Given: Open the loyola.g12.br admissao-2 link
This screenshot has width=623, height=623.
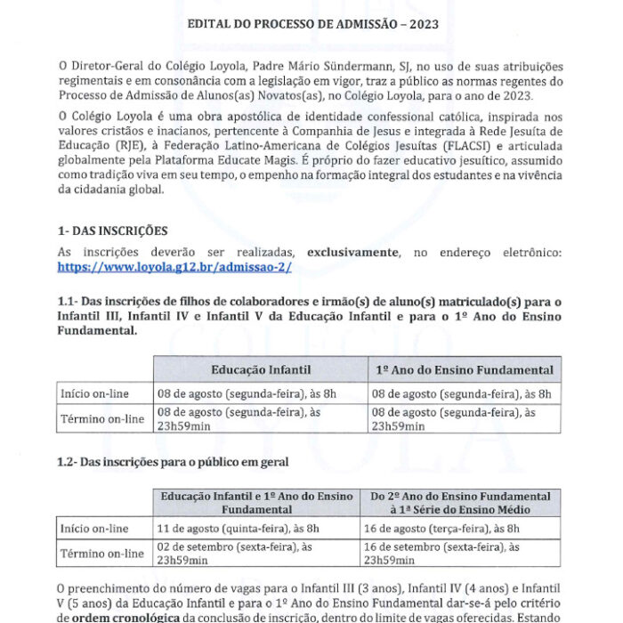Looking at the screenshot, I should pyautogui.click(x=174, y=266).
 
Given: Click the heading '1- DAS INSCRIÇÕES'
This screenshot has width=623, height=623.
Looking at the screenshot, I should pyautogui.click(x=111, y=231).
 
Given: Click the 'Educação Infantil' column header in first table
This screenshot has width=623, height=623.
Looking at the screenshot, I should pyautogui.click(x=260, y=369).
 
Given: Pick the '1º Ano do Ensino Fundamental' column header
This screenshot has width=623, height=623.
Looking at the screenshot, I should pyautogui.click(x=464, y=369).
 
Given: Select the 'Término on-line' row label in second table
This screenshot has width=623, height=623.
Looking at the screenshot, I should pyautogui.click(x=101, y=554).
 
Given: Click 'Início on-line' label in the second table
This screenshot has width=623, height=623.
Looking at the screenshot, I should pyautogui.click(x=95, y=528).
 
